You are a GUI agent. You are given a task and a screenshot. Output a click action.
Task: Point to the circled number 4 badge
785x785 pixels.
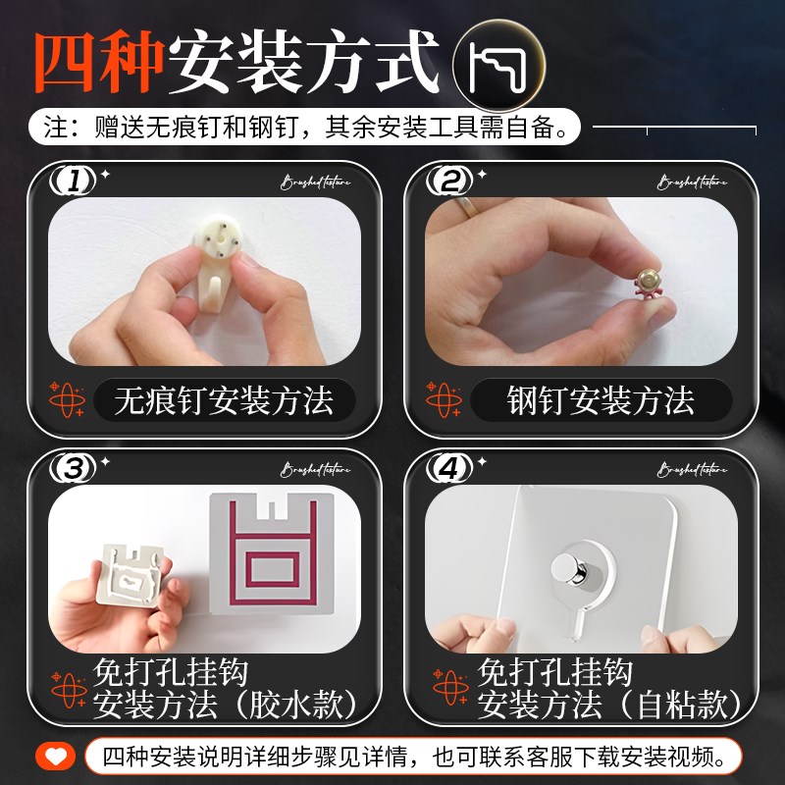[450, 469]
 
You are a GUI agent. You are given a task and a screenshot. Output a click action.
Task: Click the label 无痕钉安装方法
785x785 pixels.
[223, 400]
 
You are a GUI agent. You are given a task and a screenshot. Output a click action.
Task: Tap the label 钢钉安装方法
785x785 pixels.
[601, 400]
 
